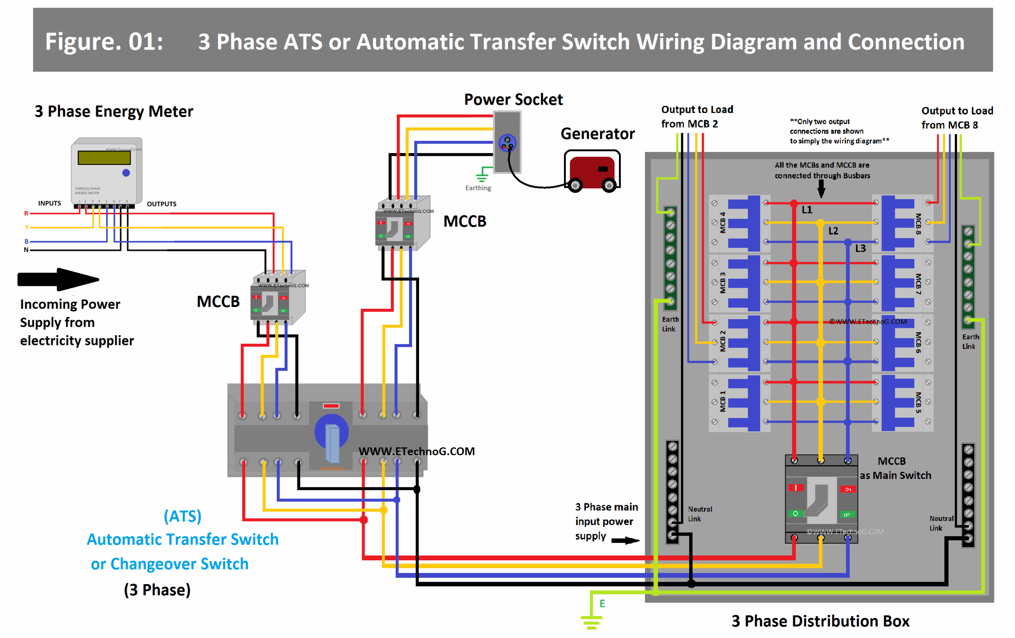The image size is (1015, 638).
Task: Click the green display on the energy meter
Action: [x=104, y=157]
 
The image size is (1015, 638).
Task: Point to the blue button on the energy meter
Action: [x=126, y=172]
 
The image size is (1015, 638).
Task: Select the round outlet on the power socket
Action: [x=507, y=143]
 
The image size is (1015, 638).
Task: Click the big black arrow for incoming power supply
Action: [x=58, y=279]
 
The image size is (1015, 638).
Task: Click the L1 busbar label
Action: [x=806, y=210]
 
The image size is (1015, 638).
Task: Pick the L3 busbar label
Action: [x=860, y=248]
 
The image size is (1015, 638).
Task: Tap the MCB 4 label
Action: [x=722, y=223]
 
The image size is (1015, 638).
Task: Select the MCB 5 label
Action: [x=917, y=403]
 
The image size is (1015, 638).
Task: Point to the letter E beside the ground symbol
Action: [x=602, y=604]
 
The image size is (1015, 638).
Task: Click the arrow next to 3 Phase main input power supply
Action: [x=625, y=540]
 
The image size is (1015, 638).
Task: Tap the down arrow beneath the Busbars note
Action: [x=821, y=188]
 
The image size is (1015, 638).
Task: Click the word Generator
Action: [x=597, y=134]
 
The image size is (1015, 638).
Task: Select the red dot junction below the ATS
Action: [x=364, y=519]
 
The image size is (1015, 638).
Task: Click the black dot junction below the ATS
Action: [x=416, y=489]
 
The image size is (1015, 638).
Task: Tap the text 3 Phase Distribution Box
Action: [x=820, y=621]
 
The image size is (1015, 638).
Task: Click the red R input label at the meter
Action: [x=26, y=213]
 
